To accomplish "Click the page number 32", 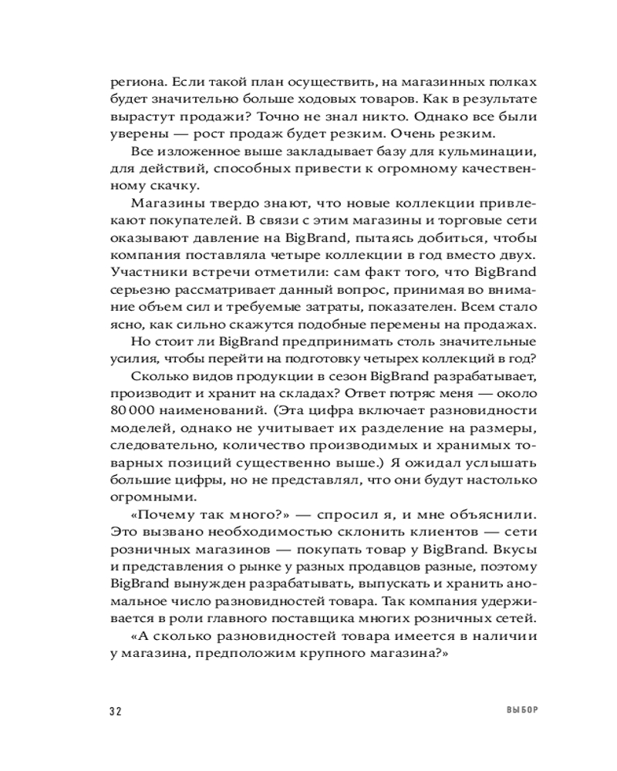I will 116,710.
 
